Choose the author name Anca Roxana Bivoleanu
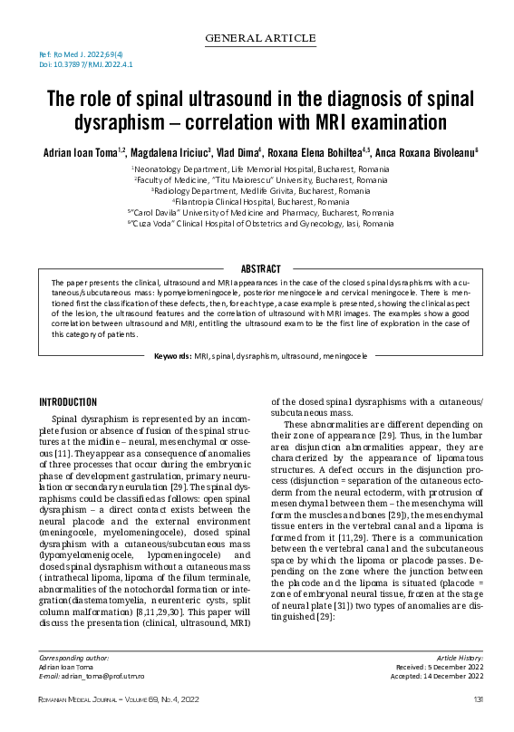point(427,153)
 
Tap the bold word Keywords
point(172,357)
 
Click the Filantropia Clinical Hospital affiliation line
point(257,202)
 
